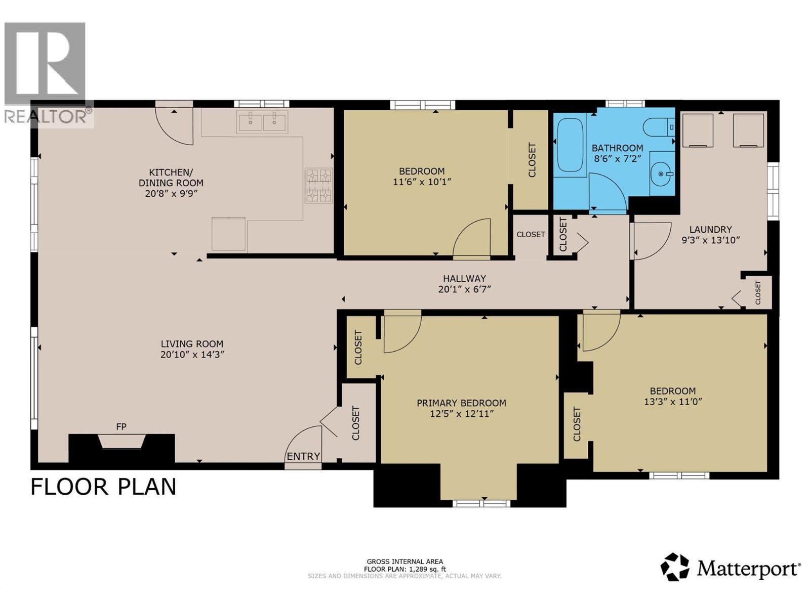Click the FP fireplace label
(121, 427)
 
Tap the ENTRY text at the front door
(303, 456)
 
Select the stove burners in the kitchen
(319, 186)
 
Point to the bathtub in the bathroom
(570, 145)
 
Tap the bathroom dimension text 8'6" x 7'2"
(617, 158)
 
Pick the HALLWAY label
(464, 278)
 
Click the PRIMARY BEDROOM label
(461, 403)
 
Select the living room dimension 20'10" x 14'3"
(192, 355)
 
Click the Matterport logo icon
(675, 567)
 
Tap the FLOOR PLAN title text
(103, 487)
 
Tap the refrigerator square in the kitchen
(228, 234)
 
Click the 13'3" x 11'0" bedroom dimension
(673, 402)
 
